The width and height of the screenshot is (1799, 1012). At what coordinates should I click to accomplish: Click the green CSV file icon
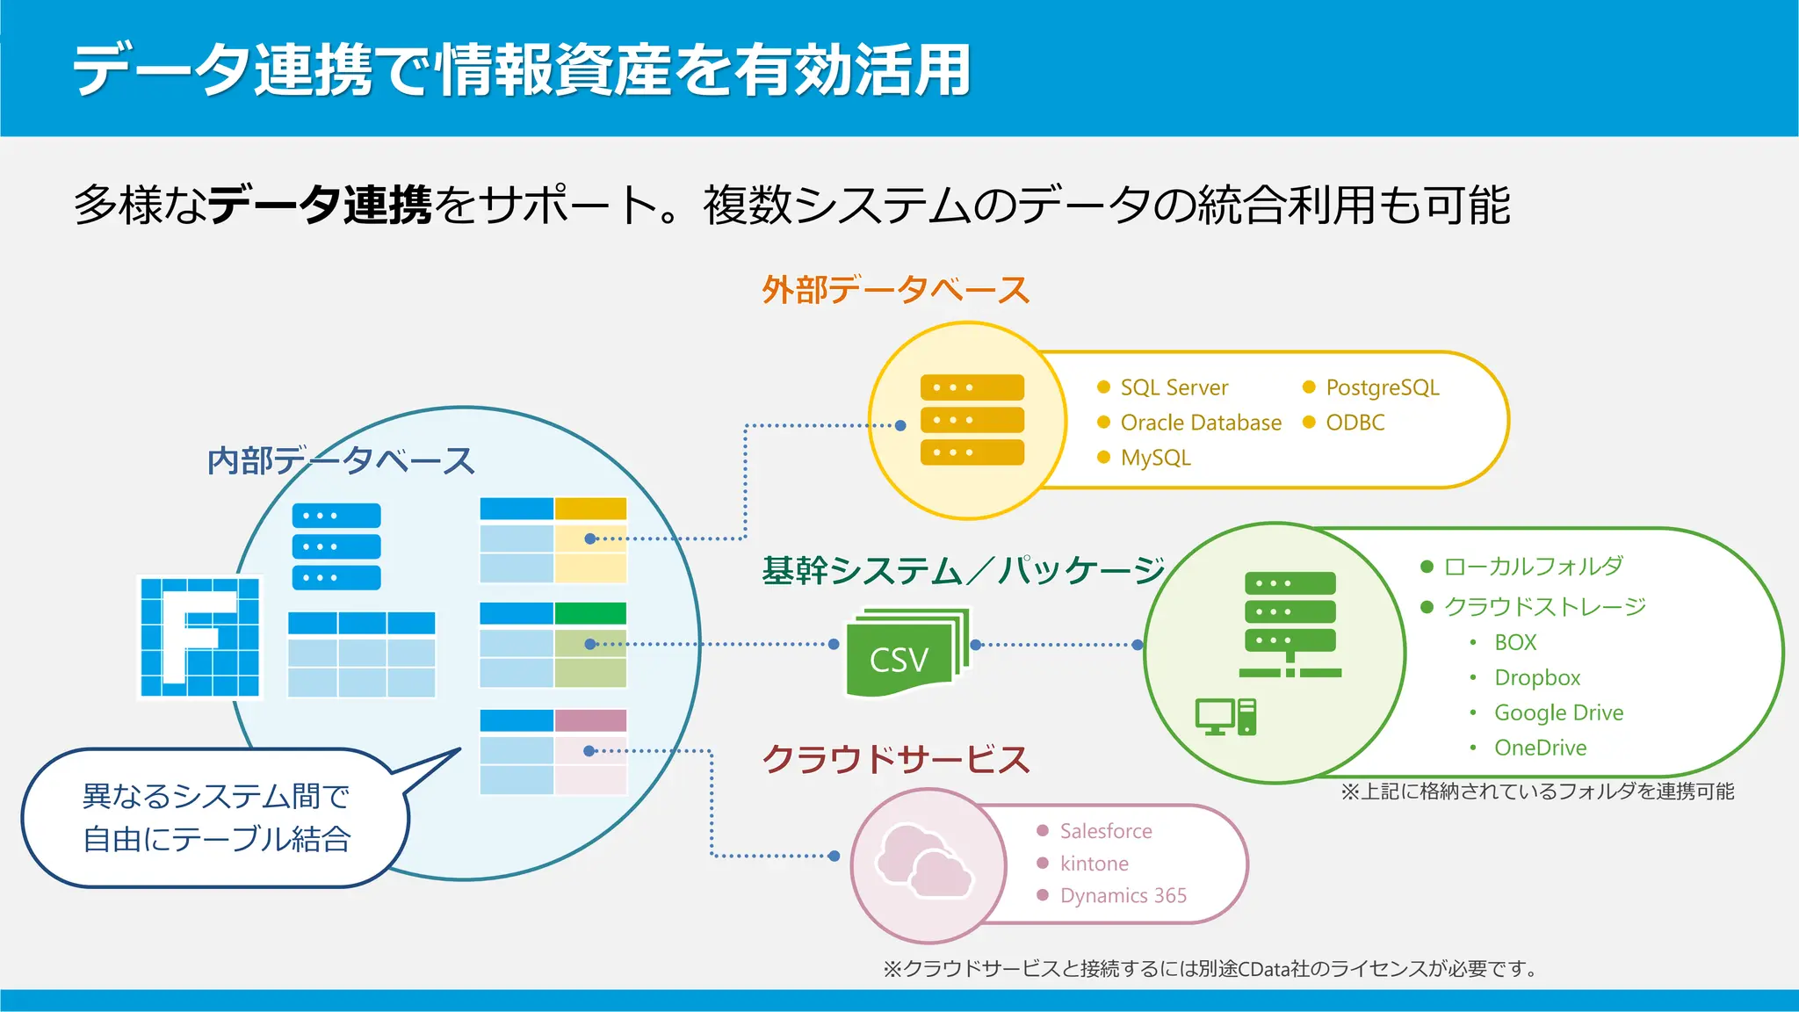tap(905, 653)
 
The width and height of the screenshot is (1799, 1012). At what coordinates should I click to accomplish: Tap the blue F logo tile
tap(201, 637)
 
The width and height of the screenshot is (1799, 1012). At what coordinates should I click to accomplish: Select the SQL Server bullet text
tap(1174, 387)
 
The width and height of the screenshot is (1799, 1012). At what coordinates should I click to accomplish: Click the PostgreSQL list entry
tap(1382, 387)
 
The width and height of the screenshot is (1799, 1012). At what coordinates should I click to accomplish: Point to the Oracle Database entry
tap(1200, 423)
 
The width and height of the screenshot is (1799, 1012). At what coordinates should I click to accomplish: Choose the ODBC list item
tap(1355, 423)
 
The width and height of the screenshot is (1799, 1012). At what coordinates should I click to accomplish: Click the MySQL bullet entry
tap(1155, 458)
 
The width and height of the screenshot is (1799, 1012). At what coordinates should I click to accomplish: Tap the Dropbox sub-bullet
tap(1536, 677)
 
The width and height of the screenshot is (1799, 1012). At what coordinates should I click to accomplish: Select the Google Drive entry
tap(1558, 712)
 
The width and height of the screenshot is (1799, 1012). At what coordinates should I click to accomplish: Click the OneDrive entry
tap(1540, 748)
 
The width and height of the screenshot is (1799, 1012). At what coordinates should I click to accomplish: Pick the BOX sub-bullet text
tap(1515, 642)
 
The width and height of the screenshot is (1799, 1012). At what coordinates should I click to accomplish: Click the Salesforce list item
tap(1105, 831)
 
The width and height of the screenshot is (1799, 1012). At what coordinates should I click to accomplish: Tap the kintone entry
tap(1094, 864)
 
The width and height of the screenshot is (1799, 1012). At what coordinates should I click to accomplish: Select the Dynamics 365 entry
tap(1123, 895)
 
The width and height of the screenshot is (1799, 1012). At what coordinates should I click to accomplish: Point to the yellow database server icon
tap(972, 420)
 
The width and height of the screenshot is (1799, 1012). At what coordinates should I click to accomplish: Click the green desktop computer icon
tap(1225, 717)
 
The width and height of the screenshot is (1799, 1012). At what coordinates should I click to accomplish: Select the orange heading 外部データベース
tap(895, 290)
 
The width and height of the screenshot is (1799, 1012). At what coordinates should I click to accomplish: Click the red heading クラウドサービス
tap(895, 759)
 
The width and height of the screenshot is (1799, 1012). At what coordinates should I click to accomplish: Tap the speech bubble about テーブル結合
tap(215, 818)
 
